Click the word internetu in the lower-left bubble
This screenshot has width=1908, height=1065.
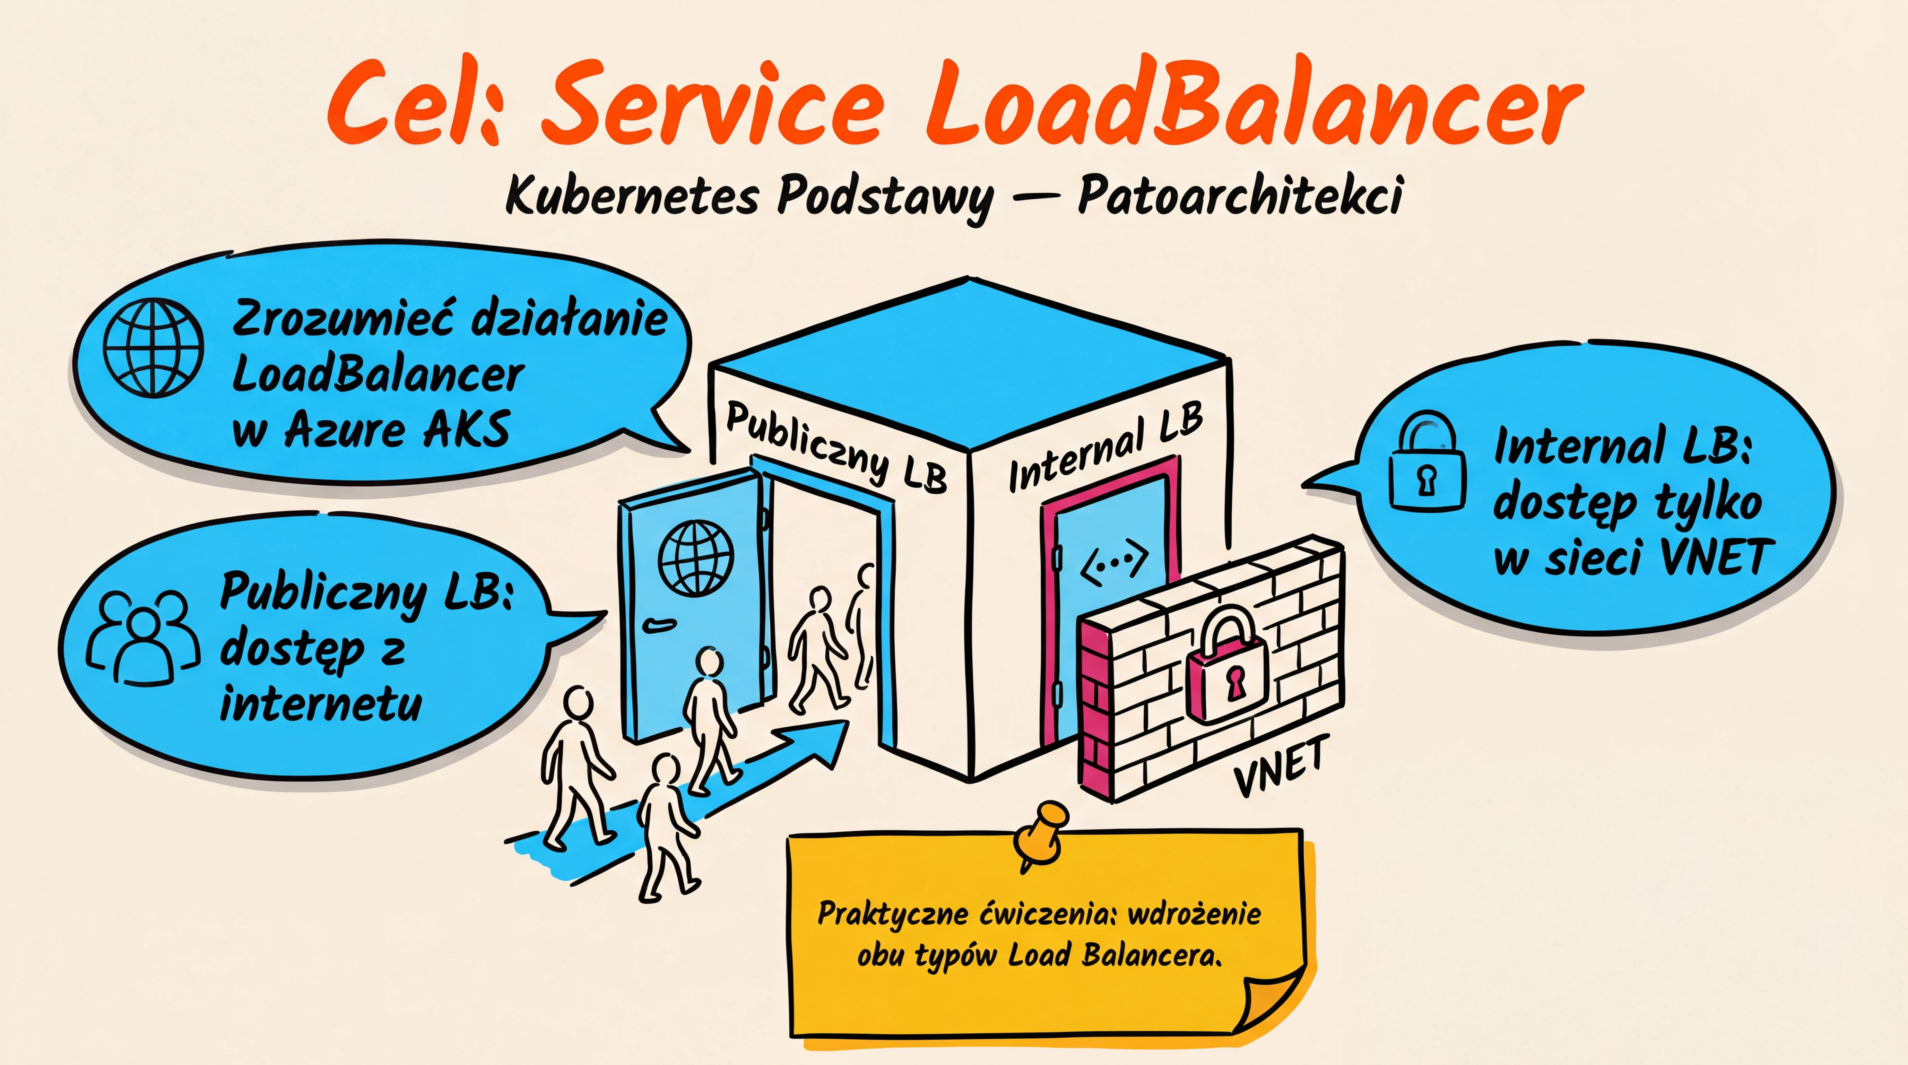click(321, 703)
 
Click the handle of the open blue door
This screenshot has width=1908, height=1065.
click(658, 624)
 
